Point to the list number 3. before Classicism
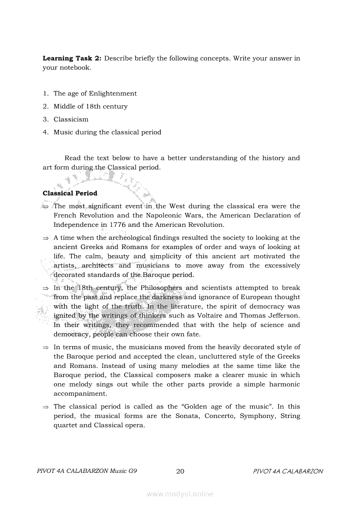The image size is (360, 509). (x=45, y=119)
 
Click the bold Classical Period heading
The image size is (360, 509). (x=70, y=193)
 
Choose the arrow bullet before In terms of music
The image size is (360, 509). (x=45, y=347)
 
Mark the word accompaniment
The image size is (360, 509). (x=80, y=394)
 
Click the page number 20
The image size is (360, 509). (x=180, y=471)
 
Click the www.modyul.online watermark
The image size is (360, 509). (x=180, y=494)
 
